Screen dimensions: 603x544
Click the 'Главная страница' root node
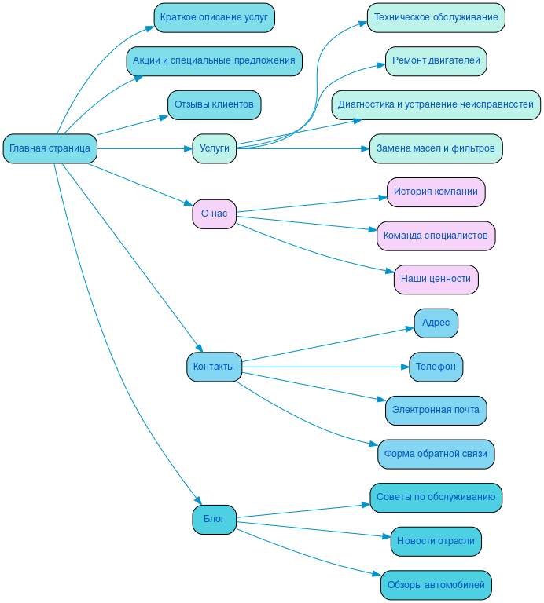click(x=50, y=148)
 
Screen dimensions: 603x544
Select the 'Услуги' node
click(x=214, y=148)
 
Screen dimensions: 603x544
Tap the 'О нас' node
click(x=214, y=214)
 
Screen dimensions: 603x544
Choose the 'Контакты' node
click(x=214, y=367)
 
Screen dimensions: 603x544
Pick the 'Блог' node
click(x=214, y=519)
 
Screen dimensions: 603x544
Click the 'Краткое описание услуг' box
click(x=214, y=17)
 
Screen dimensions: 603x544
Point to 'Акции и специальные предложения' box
click(x=214, y=60)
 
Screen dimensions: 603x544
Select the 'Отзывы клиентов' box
click(x=214, y=104)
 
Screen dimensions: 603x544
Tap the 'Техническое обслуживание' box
click(x=436, y=17)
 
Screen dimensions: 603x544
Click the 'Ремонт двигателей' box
click(x=436, y=60)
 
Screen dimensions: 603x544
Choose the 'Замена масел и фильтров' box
click(x=436, y=148)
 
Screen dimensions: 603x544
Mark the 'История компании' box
click(x=436, y=192)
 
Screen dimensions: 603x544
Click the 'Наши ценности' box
click(x=436, y=279)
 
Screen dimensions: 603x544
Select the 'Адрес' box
click(x=436, y=323)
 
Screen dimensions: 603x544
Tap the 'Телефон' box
click(x=436, y=367)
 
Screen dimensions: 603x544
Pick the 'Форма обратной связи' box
click(x=436, y=454)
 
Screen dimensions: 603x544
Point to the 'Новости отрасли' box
click(x=436, y=541)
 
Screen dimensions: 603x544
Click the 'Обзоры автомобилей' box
click(x=436, y=585)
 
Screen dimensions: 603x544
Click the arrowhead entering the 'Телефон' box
click(x=405, y=367)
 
